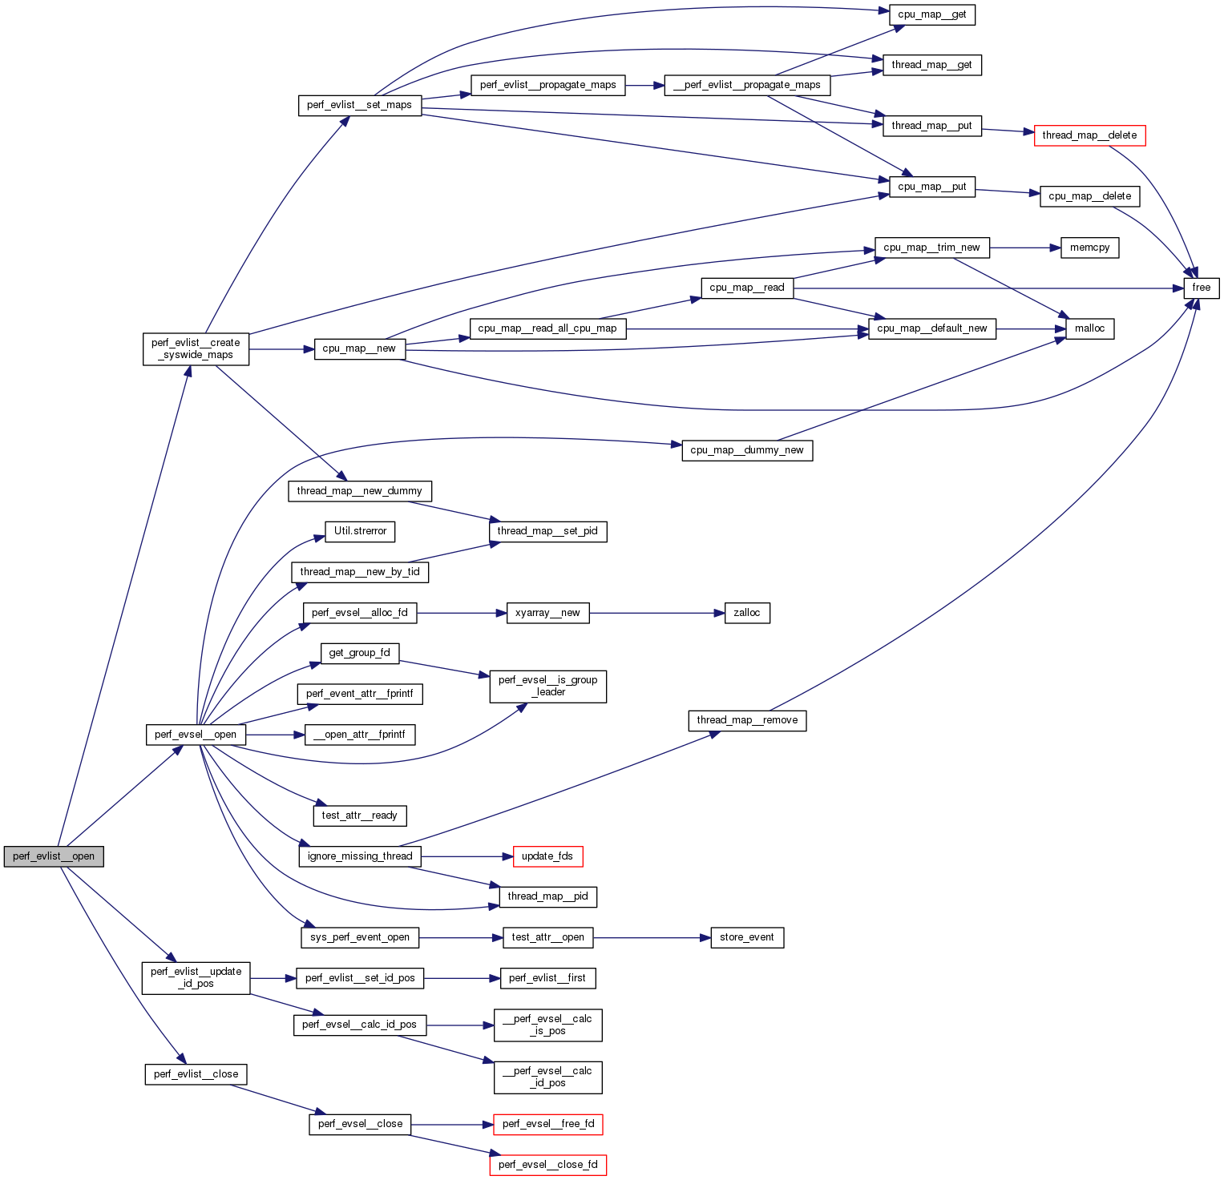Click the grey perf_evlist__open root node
pos(54,856)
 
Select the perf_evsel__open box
pos(196,735)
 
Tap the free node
pos(1201,288)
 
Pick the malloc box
pos(1089,328)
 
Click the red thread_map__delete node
pos(1089,135)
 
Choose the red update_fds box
pos(547,856)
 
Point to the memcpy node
pos(1089,248)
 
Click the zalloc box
pos(746,613)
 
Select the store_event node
pos(746,937)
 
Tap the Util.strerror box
pos(360,531)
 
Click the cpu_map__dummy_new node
pos(746,450)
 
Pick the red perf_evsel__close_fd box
pos(547,1165)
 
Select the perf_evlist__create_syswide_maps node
pos(196,348)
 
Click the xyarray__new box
pos(547,613)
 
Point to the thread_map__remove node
pos(746,720)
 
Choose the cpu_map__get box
pos(931,14)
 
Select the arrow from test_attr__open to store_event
pos(651,937)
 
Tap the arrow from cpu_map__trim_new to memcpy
pos(1024,248)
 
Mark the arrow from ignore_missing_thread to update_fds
pos(467,856)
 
